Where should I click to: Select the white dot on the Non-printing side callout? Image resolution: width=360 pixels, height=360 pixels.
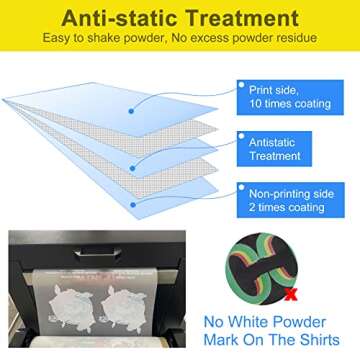click(240, 185)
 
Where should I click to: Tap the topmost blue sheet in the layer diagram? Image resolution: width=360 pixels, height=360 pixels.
click(130, 95)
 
